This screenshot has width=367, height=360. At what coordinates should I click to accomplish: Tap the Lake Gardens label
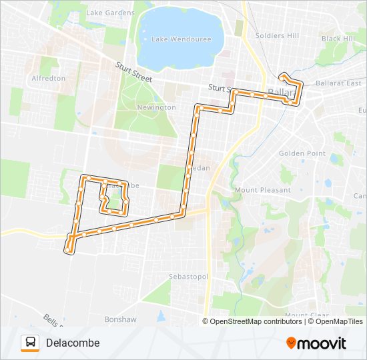pos(110,13)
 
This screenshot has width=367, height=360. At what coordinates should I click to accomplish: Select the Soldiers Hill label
pos(278,35)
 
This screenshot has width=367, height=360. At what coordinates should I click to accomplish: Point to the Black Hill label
pos(338,39)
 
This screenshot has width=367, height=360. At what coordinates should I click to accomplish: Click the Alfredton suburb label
pos(48,78)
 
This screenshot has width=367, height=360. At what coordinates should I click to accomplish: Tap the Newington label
pos(156,107)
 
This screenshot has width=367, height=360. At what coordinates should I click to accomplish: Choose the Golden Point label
pos(302,153)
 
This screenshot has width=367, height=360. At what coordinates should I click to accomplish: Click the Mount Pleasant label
pos(263,190)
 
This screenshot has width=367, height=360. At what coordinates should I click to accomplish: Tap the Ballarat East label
pos(343,83)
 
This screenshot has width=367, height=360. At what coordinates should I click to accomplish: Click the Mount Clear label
pos(305,315)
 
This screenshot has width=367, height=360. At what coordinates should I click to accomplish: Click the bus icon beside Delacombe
pos(30,343)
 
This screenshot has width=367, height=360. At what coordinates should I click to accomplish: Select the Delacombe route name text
pos(73,343)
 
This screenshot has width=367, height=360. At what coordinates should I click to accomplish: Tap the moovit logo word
pos(322,343)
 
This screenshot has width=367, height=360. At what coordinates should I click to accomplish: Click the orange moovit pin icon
pos(291,343)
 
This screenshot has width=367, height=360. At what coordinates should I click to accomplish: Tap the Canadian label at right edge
pos(360,196)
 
